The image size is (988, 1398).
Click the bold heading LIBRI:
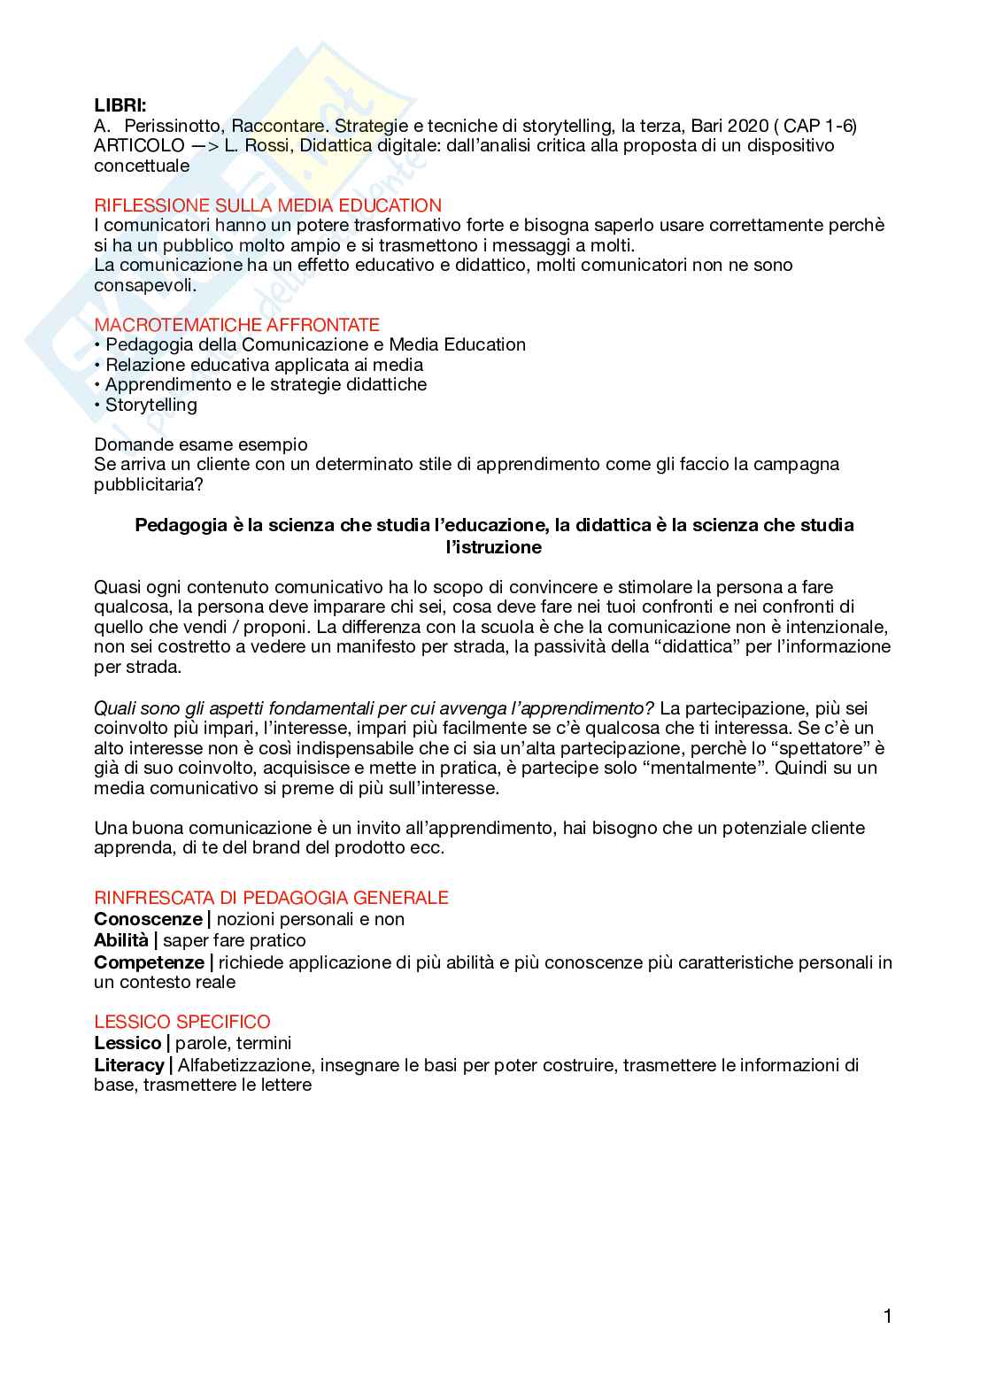click(120, 105)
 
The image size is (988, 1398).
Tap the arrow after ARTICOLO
click(205, 146)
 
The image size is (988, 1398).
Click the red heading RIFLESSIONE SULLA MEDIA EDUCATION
click(267, 205)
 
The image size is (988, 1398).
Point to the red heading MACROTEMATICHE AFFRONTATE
click(236, 325)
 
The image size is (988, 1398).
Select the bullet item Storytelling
click(151, 405)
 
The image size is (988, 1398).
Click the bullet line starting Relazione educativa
click(264, 365)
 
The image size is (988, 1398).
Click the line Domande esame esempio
click(201, 444)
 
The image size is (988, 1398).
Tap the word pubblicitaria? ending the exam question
click(149, 484)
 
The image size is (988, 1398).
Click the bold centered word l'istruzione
click(494, 547)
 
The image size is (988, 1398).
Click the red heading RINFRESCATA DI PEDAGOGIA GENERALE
click(271, 898)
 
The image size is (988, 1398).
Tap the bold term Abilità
click(121, 940)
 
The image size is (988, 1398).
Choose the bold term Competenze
click(149, 962)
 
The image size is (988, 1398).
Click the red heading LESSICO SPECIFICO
click(182, 1022)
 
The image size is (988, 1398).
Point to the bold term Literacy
click(129, 1065)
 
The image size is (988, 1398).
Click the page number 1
click(887, 1317)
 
